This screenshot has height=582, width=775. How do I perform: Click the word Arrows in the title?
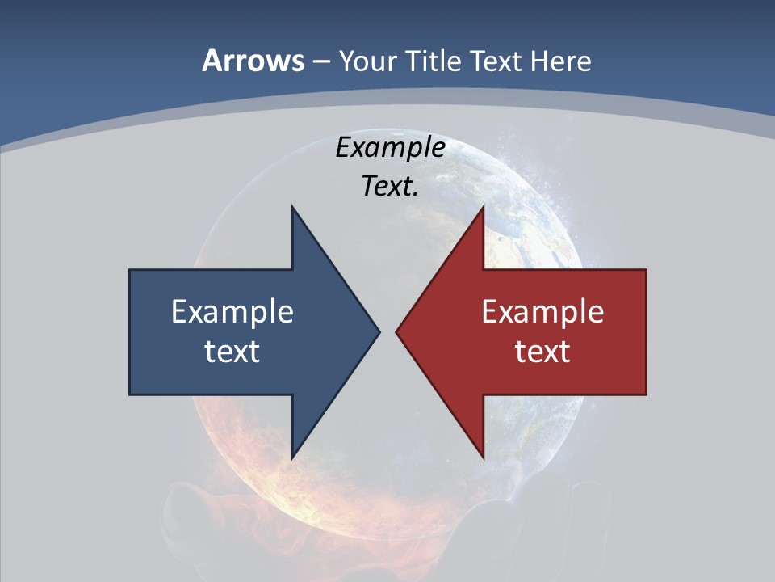252,61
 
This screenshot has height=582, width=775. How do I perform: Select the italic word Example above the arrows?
390,148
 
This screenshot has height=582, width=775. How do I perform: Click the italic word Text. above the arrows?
390,187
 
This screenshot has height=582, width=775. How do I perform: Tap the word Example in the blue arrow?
232,312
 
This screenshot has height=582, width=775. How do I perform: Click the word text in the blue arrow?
232,352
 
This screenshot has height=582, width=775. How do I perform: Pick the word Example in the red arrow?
542,312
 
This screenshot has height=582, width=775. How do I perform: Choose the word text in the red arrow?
542,352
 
